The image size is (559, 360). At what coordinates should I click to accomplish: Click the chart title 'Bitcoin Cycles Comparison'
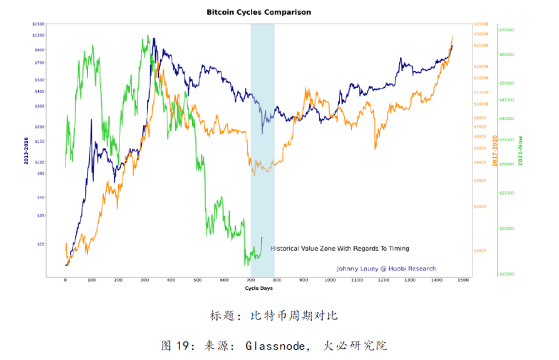pos(258,12)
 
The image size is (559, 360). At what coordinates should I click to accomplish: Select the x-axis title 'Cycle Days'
pos(259,288)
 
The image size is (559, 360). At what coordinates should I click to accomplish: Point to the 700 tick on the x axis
pos(251,281)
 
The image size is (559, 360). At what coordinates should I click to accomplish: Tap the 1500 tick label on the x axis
pos(463,281)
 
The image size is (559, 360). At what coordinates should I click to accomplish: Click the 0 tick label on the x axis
pos(65,281)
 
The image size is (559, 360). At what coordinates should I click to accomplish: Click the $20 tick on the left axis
pos(41,244)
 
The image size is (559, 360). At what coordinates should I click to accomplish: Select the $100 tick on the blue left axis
pos(39,162)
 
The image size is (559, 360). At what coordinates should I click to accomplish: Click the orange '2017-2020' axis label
pos(495,152)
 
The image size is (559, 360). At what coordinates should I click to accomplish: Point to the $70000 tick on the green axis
pos(506,30)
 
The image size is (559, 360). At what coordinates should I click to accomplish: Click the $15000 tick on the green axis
pos(506,273)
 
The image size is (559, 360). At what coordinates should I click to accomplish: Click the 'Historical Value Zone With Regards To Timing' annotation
pos(340,248)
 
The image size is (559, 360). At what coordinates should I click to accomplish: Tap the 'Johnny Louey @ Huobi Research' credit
pos(386,268)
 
